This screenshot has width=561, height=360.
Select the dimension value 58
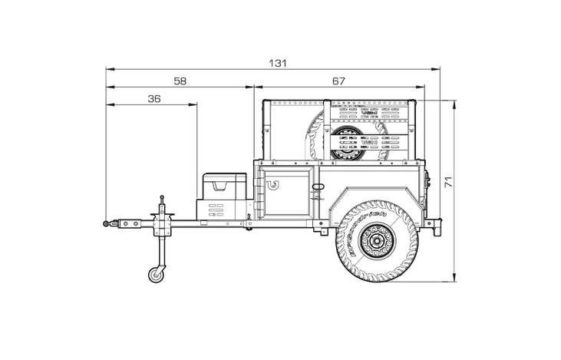point(180,81)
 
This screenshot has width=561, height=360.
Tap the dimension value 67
point(339,81)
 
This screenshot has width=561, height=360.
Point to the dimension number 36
point(153,98)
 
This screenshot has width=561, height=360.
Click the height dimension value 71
point(448,182)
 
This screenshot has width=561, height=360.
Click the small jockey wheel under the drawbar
point(157,274)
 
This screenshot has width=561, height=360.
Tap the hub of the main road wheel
point(375,244)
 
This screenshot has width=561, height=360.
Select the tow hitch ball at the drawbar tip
point(105,224)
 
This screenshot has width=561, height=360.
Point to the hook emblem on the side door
point(272,183)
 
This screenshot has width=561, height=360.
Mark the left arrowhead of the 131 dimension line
point(109,68)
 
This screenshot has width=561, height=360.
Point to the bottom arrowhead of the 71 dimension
point(454,279)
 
